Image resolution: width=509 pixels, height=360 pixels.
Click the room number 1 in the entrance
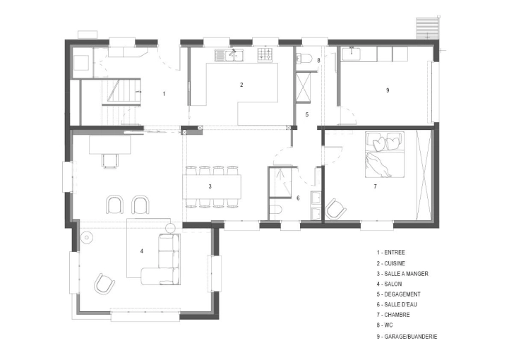pos(164,93)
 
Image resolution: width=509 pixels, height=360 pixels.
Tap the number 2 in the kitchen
pos(241,85)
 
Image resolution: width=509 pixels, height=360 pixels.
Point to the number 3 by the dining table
pos(210,186)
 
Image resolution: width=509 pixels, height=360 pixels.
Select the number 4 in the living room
pos(142,251)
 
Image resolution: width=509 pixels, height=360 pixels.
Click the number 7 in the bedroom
pos(375,186)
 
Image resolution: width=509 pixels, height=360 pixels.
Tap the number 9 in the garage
pos(388,90)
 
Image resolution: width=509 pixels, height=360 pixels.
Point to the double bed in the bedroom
pos(383,155)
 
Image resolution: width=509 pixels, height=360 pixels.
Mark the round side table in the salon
pos(88,237)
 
